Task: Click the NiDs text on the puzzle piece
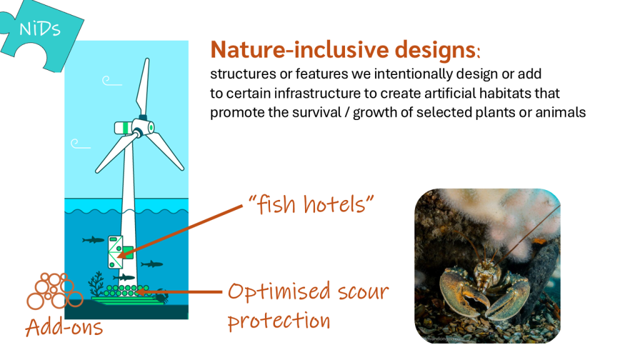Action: click(40, 29)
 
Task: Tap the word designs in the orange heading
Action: click(435, 51)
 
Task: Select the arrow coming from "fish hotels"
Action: click(180, 231)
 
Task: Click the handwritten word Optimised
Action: click(279, 292)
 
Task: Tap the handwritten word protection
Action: click(279, 321)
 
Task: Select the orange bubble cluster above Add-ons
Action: click(54, 291)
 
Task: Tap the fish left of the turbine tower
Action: click(94, 239)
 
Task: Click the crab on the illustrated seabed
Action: click(162, 296)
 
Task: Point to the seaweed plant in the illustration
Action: click(97, 284)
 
